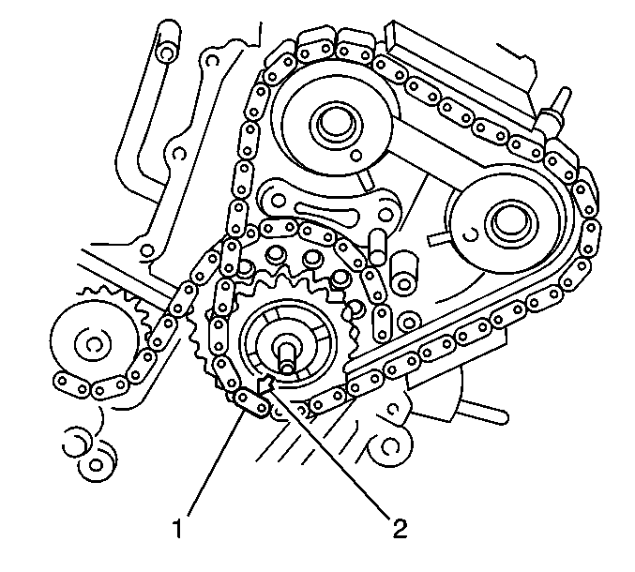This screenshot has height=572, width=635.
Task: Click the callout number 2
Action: [400, 528]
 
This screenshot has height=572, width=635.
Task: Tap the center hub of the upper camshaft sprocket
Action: [335, 124]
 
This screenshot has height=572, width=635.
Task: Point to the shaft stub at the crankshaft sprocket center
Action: [287, 355]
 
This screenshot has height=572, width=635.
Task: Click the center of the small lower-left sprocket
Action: [93, 343]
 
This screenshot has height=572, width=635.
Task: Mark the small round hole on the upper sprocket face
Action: [356, 155]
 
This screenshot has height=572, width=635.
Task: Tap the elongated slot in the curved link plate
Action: [328, 214]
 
